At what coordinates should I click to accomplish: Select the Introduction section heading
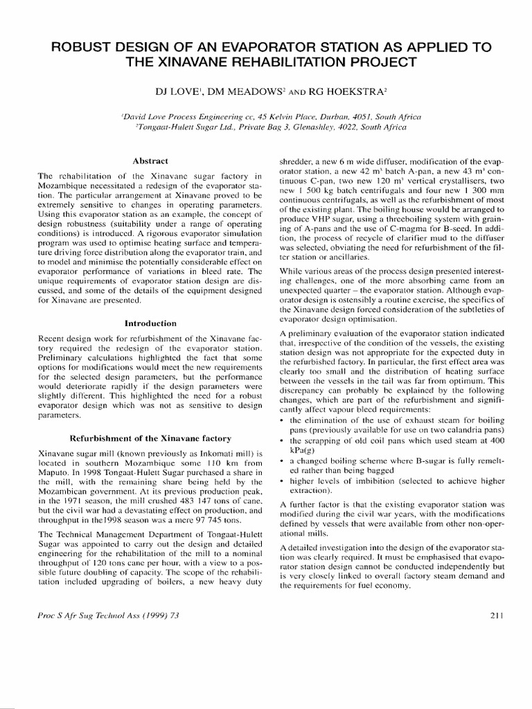[x=151, y=323]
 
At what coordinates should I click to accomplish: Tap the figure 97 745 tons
[x=215, y=517]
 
